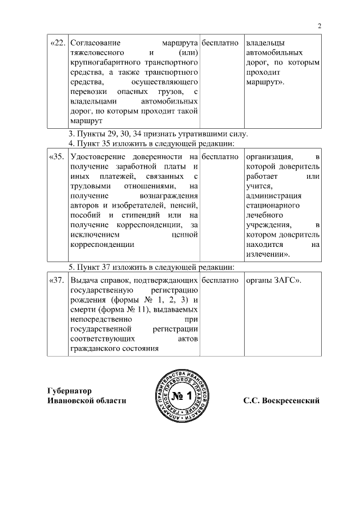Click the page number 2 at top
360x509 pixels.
[319, 25]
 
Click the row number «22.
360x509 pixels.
[58, 43]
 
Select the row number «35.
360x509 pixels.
[58, 156]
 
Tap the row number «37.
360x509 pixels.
[58, 280]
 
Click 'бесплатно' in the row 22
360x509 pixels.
[220, 43]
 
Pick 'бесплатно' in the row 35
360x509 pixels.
[220, 156]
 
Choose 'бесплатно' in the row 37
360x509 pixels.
[220, 280]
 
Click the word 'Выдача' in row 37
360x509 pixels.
[84, 280]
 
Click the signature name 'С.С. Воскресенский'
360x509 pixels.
[281, 401]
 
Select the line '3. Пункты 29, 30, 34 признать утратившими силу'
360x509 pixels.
[157, 134]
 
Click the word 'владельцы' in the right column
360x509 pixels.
[265, 43]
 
